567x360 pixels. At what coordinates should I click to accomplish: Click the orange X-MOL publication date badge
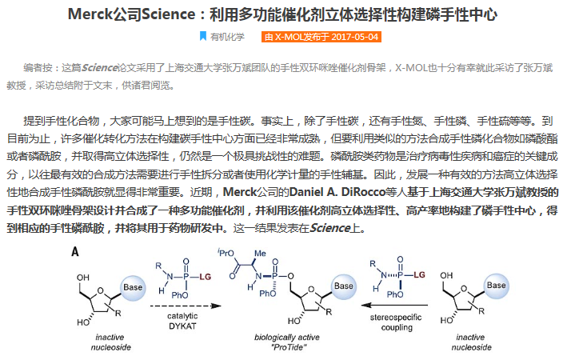(320, 37)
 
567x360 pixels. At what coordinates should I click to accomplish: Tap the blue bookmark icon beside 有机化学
(202, 37)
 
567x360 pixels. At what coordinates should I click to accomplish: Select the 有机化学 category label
(228, 37)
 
